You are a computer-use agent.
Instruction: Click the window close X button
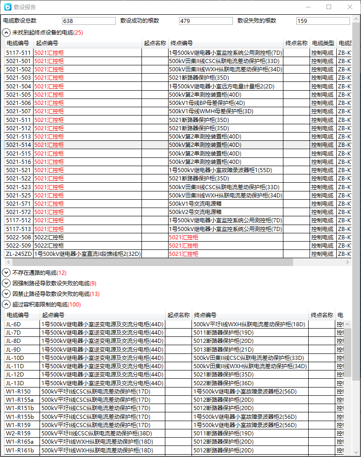[350, 7]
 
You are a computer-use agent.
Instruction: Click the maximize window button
[329, 7]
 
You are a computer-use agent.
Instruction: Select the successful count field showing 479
[206, 21]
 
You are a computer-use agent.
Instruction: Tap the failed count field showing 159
[323, 21]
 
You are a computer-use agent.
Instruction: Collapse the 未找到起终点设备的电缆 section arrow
[6, 33]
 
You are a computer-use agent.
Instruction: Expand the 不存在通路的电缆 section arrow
[6, 273]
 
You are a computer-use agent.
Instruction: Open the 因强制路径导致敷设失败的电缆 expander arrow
[6, 283]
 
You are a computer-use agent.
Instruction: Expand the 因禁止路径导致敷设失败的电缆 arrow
[6, 294]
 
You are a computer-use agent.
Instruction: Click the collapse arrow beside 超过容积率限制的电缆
[6, 305]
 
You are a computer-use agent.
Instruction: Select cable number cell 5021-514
[18, 145]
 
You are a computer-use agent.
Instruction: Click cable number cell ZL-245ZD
[19, 254]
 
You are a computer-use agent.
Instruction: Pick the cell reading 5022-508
[18, 237]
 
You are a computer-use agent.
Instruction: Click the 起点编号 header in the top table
[47, 43]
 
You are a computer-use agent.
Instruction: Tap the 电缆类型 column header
[323, 43]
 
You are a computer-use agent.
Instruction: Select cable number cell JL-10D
[15, 358]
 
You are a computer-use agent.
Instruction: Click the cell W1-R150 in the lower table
[18, 392]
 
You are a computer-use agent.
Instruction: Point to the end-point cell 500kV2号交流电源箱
[195, 212]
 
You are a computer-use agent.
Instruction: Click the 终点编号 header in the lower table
[205, 315]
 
